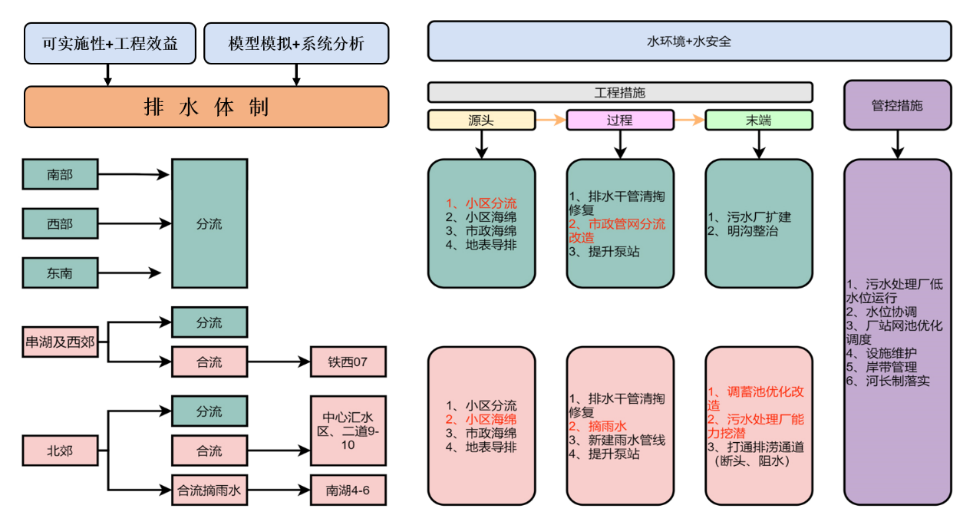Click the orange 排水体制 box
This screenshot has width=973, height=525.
click(x=206, y=107)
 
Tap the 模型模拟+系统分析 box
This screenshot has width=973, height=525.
click(x=296, y=44)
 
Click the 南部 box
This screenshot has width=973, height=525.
click(x=60, y=175)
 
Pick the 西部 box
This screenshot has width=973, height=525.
click(x=60, y=224)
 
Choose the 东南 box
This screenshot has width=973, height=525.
click(x=60, y=273)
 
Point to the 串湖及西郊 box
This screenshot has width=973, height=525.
click(x=60, y=342)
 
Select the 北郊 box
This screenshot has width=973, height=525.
click(x=60, y=451)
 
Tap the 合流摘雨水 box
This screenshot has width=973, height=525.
click(x=209, y=490)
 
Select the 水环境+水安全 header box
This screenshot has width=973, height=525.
click(x=688, y=41)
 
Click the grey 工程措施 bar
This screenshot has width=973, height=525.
click(x=619, y=93)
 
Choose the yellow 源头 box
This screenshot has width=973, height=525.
click(x=481, y=121)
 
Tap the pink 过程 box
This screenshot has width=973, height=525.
click(x=619, y=121)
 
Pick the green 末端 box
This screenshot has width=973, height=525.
click(x=758, y=121)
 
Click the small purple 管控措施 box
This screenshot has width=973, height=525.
click(x=897, y=105)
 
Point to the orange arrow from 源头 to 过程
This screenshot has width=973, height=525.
click(x=550, y=120)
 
